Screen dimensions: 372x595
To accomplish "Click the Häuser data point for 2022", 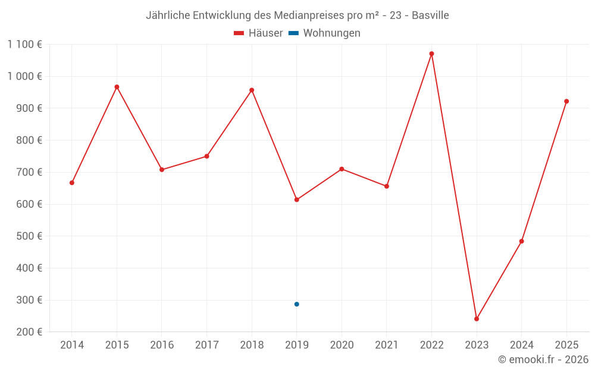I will pos(431,54).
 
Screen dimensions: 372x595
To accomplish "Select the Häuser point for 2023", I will pos(477,319).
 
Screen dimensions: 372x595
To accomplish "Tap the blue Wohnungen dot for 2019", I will pos(296,304).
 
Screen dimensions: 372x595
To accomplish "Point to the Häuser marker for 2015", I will pos(117,87).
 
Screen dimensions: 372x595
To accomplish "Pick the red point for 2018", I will pos(252,90).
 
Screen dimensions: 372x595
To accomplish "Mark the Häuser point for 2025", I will pos(566,101).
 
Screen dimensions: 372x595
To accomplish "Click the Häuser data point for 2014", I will pos(72,183).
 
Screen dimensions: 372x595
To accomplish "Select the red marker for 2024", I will pos(521,241).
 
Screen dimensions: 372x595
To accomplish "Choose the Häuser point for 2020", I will pos(342,169).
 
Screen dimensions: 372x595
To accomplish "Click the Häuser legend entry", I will pos(258,33).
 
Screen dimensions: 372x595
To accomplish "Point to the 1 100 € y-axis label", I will pos(25,44).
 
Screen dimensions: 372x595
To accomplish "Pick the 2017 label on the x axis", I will pos(206,345).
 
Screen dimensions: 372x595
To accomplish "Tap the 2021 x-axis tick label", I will pos(387,345).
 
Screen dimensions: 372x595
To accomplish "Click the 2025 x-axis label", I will pos(566,345).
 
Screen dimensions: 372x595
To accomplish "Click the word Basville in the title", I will pos(430,15).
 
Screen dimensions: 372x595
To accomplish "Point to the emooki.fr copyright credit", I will pos(543,360).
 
